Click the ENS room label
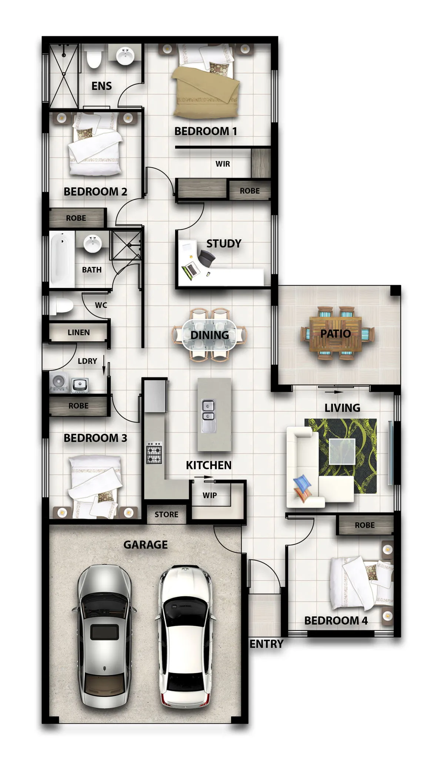tap(101, 86)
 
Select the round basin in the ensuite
tap(126, 56)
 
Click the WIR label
tap(223, 164)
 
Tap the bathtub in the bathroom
tap(61, 259)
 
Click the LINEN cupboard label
tap(78, 332)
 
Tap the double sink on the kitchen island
tap(208, 416)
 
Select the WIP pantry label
tap(210, 495)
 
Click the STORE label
tap(166, 514)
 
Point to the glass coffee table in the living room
tap(342, 451)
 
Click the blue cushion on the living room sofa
tap(303, 483)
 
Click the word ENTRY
tap(266, 644)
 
